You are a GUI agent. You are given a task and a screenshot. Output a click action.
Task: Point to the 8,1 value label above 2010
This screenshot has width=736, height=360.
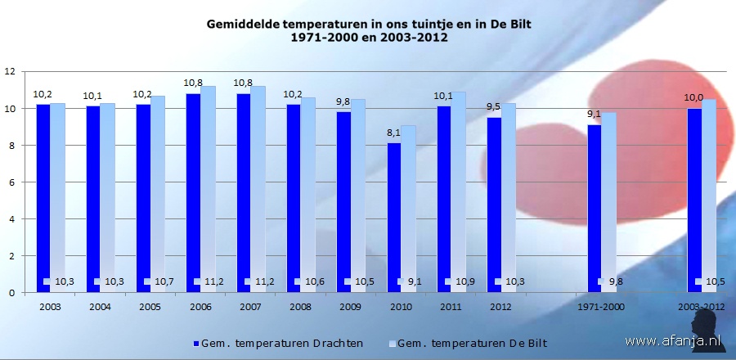(393, 133)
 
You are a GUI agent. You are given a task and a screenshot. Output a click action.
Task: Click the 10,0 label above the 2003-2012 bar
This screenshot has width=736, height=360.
(693, 98)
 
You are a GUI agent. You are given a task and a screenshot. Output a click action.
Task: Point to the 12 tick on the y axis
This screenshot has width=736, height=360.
(10, 72)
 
